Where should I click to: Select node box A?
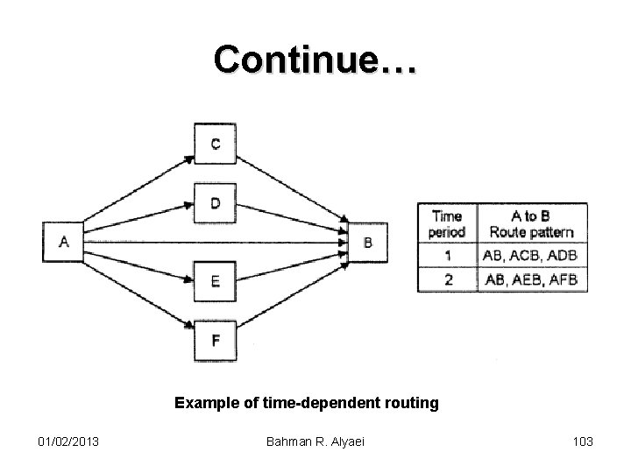(x=64, y=242)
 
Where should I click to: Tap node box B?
(x=367, y=242)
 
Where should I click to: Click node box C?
(x=215, y=143)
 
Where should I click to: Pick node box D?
(x=215, y=203)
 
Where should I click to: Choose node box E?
(x=215, y=281)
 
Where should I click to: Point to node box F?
(x=215, y=341)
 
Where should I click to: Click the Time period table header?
(x=447, y=224)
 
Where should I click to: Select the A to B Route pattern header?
(x=531, y=224)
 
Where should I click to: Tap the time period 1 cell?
(x=447, y=256)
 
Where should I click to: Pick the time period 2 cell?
(x=447, y=279)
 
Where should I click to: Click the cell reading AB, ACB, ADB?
(x=531, y=256)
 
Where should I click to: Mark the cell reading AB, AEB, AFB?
(x=531, y=279)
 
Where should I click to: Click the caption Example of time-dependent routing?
(x=307, y=403)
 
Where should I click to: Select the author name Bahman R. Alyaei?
(x=315, y=441)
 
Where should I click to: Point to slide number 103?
(x=582, y=441)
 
